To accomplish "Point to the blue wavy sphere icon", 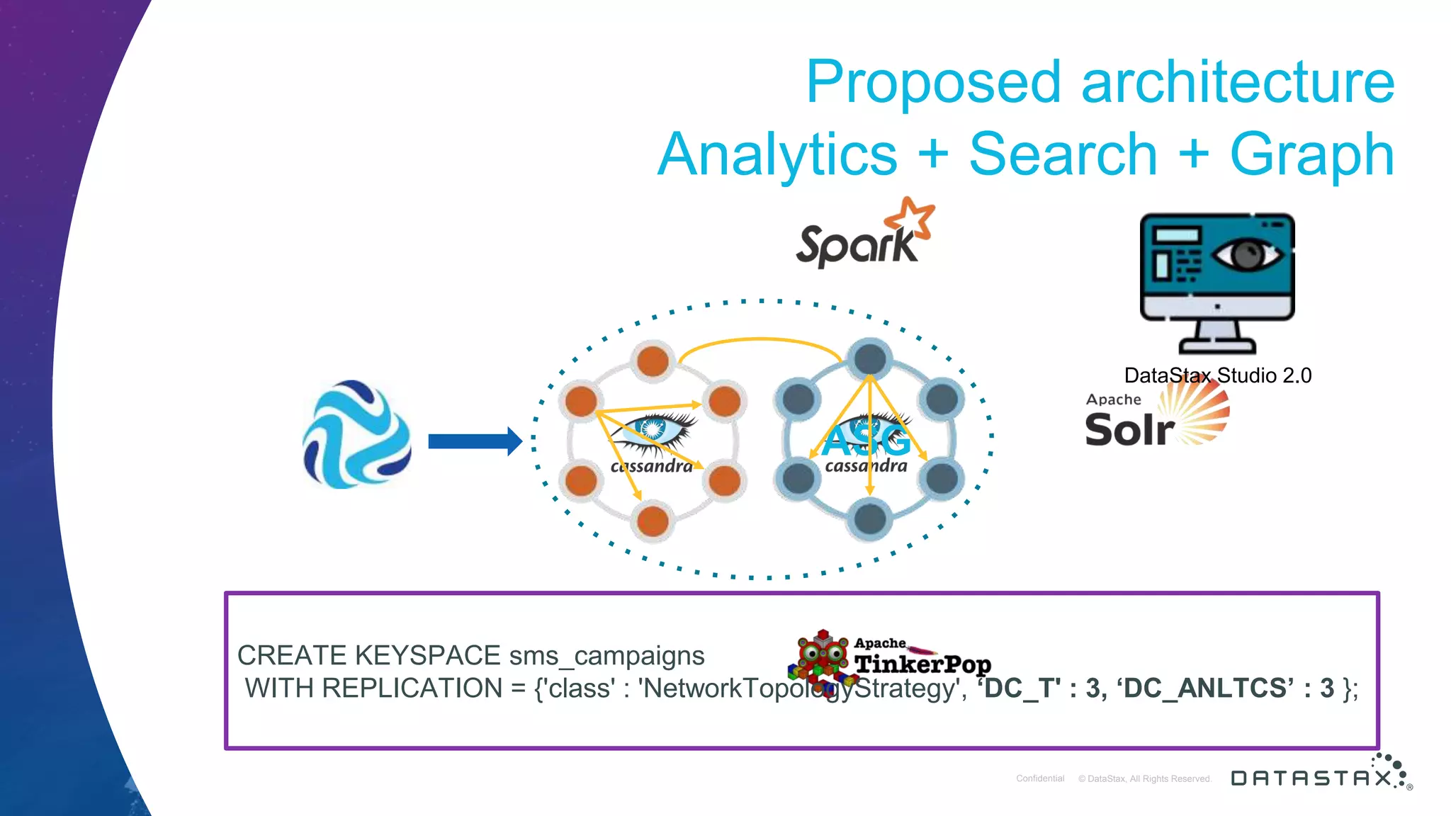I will coord(356,435).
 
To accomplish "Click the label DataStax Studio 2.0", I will coord(1217,375).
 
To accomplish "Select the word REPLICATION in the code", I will coord(412,688).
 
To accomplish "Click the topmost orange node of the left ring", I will coord(653,361).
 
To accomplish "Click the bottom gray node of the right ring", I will coord(869,518).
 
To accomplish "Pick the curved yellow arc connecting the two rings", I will coord(760,341).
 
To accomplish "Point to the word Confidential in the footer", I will coord(1040,778).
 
